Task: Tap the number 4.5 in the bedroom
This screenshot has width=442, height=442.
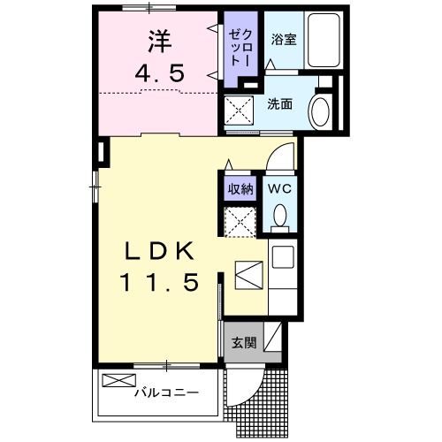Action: click(x=160, y=73)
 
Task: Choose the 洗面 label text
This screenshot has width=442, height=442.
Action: click(x=281, y=103)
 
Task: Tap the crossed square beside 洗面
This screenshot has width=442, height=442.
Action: click(x=240, y=111)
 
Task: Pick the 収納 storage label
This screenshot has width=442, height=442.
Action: click(x=240, y=187)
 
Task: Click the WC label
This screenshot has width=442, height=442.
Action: click(x=279, y=187)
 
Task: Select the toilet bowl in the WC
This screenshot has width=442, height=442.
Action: click(x=279, y=217)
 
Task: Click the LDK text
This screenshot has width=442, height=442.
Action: click(x=160, y=251)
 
